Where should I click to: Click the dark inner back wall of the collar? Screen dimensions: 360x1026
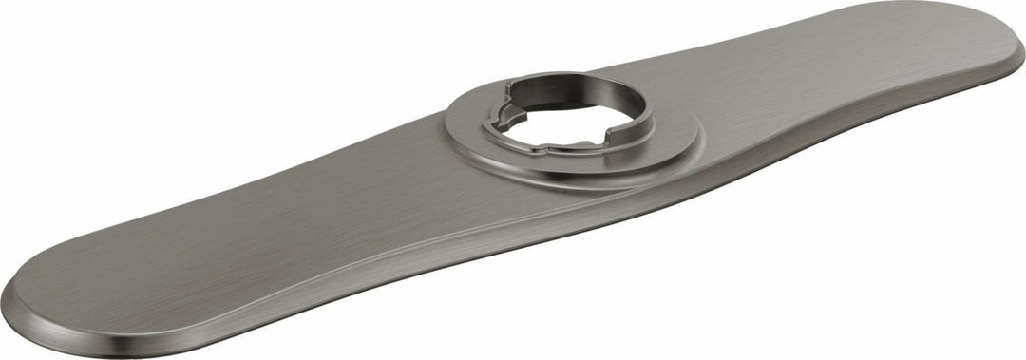point(570,95)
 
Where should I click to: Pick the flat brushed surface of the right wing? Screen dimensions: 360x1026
point(855,76)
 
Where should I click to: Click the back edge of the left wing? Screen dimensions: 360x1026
point(237,196)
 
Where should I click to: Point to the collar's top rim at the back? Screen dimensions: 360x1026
point(570,74)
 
